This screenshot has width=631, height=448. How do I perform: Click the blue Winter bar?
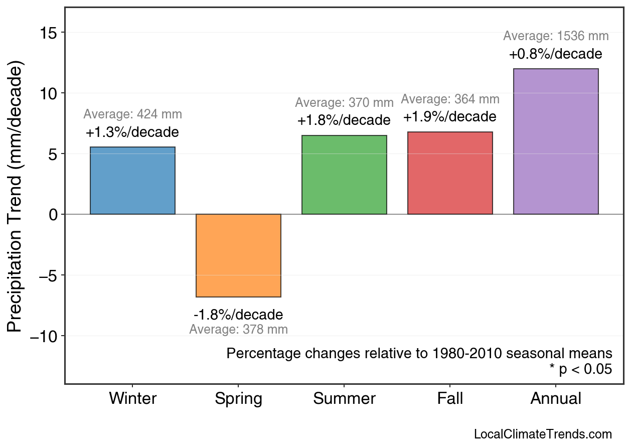pyautogui.click(x=132, y=181)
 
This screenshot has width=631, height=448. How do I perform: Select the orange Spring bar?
pyautogui.click(x=238, y=255)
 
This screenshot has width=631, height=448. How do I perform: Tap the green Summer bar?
pyautogui.click(x=344, y=175)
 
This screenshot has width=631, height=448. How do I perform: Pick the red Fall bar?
pyautogui.click(x=450, y=173)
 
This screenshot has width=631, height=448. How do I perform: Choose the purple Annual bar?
pyautogui.click(x=556, y=141)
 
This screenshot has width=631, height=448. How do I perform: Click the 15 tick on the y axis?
pyautogui.click(x=49, y=33)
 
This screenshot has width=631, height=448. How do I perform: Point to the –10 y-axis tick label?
pyautogui.click(x=44, y=336)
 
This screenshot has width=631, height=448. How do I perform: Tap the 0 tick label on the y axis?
pyautogui.click(x=54, y=215)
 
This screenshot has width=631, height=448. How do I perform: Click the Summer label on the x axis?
pyautogui.click(x=344, y=399)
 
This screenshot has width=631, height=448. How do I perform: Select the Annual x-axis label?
pyautogui.click(x=556, y=399)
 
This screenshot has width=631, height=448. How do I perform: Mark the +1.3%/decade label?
pyautogui.click(x=132, y=132)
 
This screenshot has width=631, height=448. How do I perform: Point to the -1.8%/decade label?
pyautogui.click(x=238, y=315)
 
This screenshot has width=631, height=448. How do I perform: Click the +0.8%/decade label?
pyautogui.click(x=555, y=54)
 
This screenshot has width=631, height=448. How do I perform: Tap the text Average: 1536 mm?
pyautogui.click(x=556, y=36)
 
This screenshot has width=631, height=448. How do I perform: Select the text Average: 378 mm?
pyautogui.click(x=238, y=330)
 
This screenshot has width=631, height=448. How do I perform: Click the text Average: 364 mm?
pyautogui.click(x=450, y=99)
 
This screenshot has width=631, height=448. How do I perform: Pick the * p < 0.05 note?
pyautogui.click(x=580, y=370)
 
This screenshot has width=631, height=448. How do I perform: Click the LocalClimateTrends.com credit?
pyautogui.click(x=543, y=434)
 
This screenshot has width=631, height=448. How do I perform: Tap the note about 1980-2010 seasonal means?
pyautogui.click(x=419, y=353)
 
